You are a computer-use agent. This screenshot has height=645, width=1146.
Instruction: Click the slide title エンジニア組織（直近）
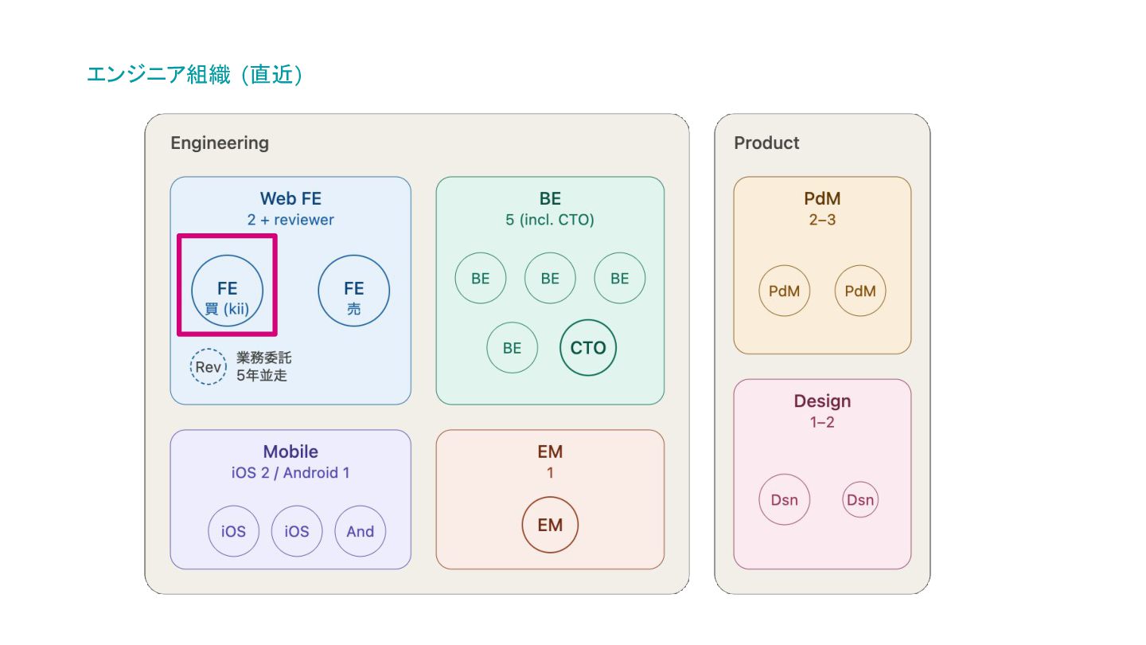click(195, 74)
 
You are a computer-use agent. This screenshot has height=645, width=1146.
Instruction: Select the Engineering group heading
click(220, 143)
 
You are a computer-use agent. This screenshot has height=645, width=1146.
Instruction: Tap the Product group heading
click(766, 143)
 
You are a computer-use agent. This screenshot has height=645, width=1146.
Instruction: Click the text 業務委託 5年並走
click(263, 366)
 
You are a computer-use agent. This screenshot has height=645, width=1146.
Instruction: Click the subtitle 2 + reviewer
click(290, 220)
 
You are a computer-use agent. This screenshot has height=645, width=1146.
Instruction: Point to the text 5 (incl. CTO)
click(550, 220)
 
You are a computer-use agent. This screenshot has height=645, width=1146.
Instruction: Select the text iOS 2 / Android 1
click(290, 472)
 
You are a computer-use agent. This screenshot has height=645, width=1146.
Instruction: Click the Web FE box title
click(290, 198)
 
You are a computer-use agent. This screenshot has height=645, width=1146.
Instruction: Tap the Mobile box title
click(290, 451)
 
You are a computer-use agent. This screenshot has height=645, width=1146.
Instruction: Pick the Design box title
click(822, 401)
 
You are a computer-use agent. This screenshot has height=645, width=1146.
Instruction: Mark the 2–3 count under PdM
click(822, 220)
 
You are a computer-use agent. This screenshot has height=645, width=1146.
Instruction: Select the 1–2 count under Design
click(822, 422)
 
